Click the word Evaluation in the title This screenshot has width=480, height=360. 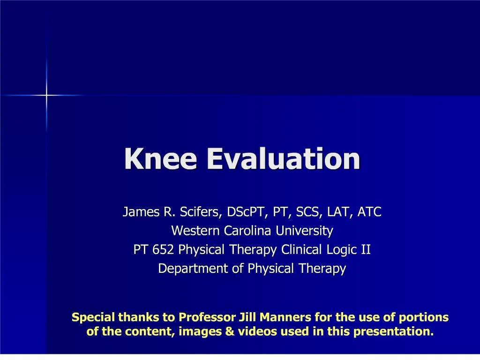pos(284,159)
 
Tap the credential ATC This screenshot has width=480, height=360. pos(369,212)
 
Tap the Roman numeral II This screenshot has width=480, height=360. pos(365,250)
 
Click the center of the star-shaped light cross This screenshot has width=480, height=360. pos(46,95)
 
